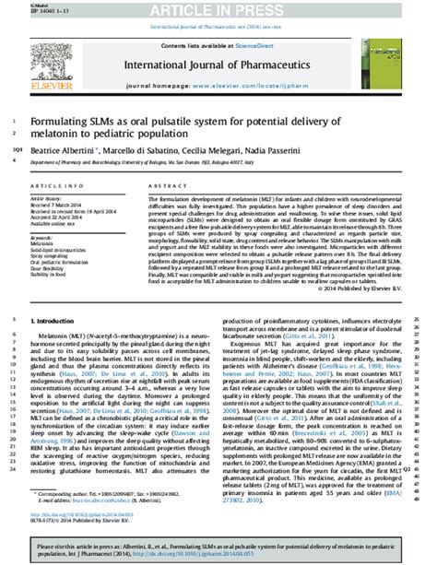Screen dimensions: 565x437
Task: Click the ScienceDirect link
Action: pos(259,43)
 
